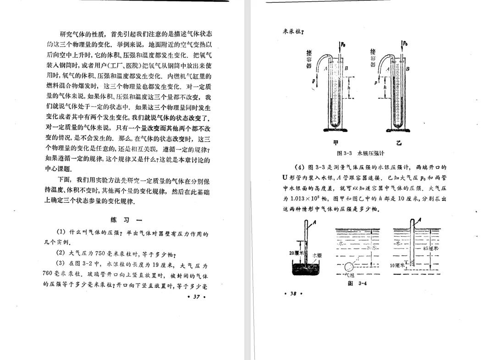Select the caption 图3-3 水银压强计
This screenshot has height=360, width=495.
coord(360,153)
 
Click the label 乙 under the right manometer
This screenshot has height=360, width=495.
coord(399,143)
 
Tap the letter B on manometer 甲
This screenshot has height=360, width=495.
coord(346,68)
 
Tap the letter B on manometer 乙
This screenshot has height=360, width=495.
coord(407,68)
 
